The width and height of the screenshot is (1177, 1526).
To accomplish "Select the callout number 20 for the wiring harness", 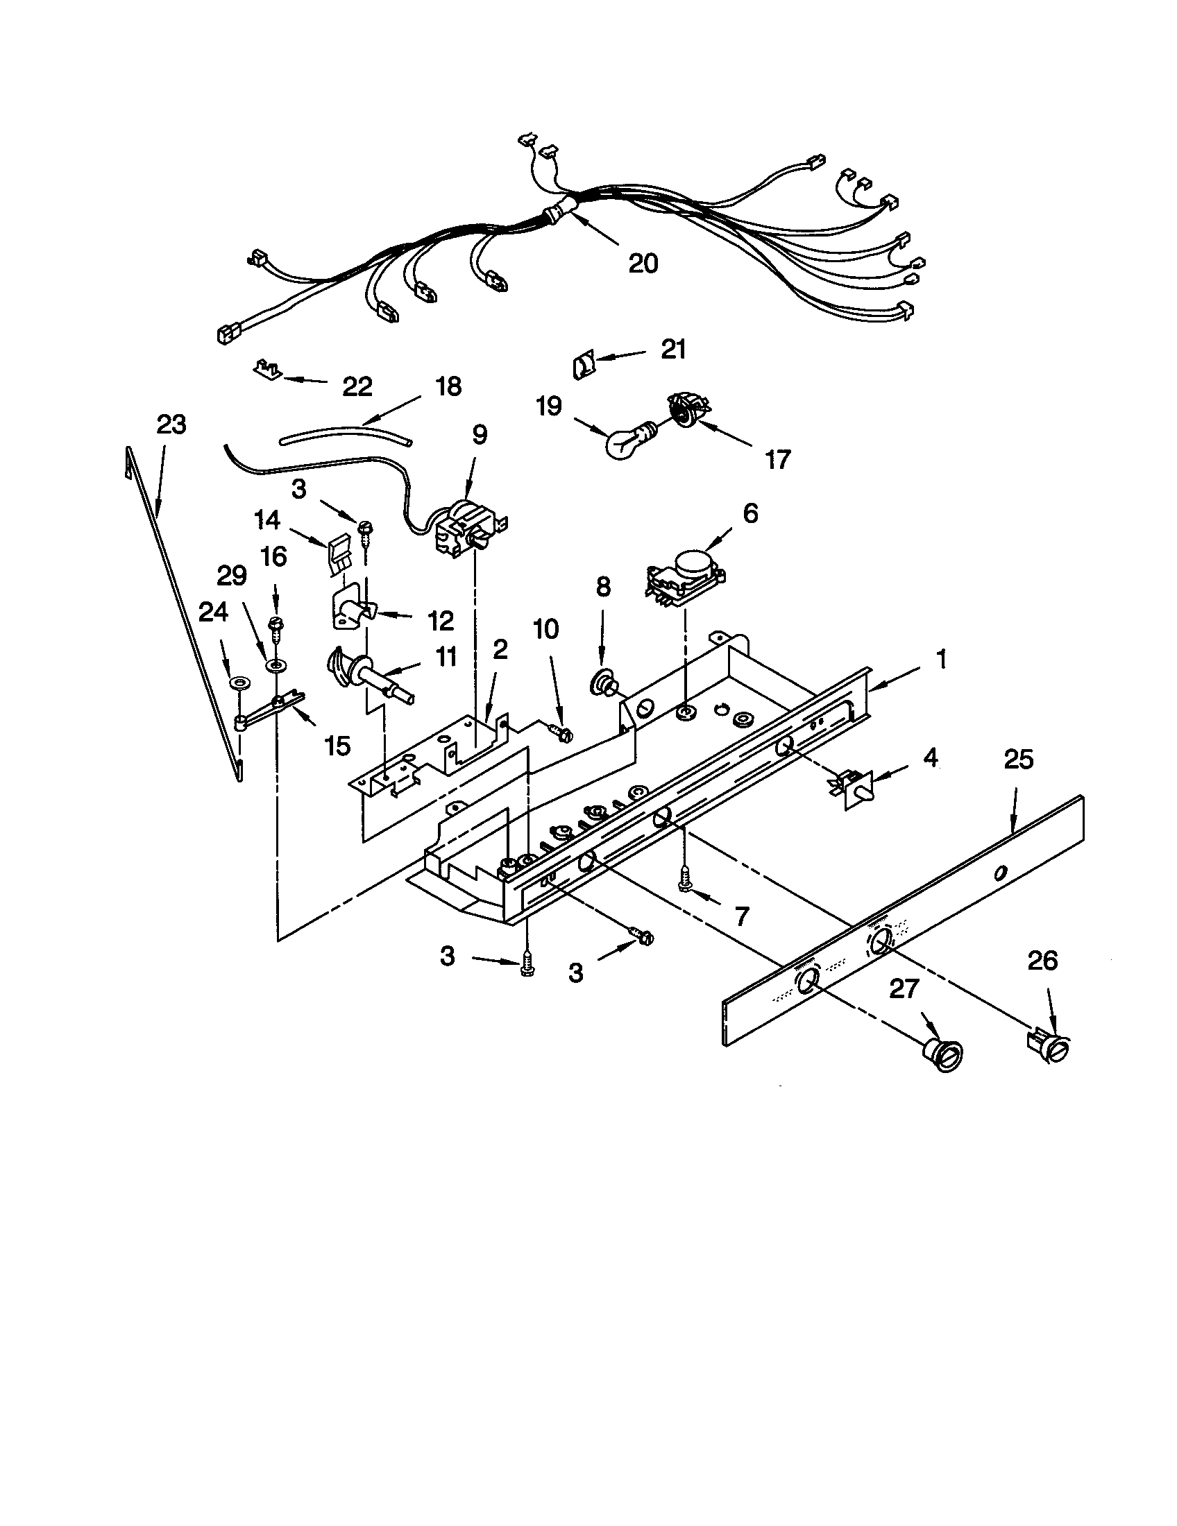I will pos(643,263).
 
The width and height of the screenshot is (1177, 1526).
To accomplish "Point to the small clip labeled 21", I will pos(582,365).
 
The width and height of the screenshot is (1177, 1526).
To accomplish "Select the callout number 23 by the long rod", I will pos(171,424).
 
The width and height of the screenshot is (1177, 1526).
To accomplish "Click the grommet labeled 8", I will pos(603,682).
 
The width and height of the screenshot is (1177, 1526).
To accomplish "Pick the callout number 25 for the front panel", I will pos(1017,760).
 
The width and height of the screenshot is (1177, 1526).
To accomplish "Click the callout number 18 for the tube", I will pos(448,386).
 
